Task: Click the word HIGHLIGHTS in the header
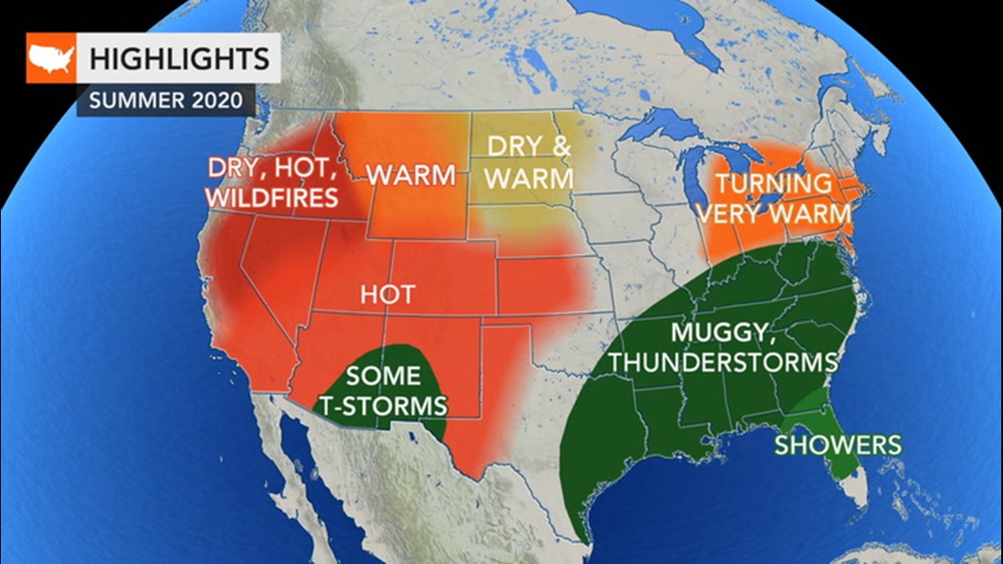coord(179,59)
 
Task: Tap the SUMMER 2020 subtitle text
coord(166,99)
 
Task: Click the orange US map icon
coord(51,58)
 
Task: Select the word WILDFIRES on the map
coord(272,197)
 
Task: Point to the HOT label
coord(386,294)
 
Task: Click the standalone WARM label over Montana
coord(412,174)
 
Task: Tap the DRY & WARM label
coord(529,163)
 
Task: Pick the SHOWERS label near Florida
coord(838,444)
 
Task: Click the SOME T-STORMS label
coord(384,390)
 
